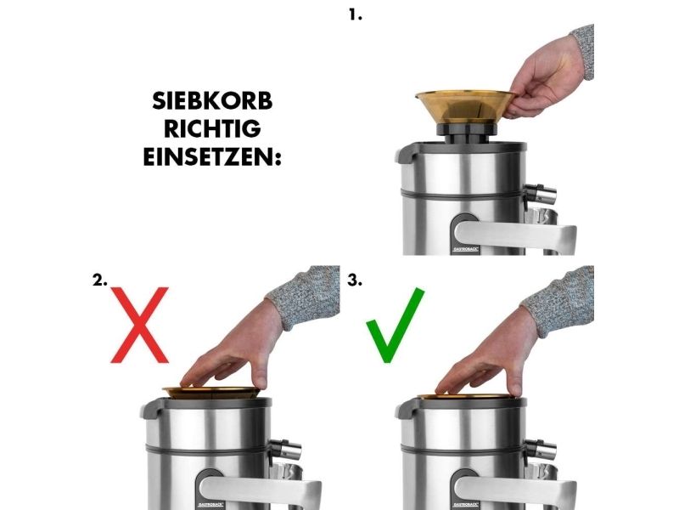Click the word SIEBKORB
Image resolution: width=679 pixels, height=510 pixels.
(212, 101)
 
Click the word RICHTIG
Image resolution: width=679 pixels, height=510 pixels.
(212, 129)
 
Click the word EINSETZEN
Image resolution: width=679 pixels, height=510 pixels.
(210, 156)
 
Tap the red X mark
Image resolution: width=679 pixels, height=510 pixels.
(139, 325)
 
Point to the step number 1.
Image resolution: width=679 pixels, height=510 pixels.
(355, 15)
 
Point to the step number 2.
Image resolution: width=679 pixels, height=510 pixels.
(99, 280)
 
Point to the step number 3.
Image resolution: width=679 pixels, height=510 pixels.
(355, 280)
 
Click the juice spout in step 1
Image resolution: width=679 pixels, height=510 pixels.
(539, 195)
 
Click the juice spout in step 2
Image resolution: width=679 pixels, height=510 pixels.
(284, 450)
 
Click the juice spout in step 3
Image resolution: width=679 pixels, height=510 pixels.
(539, 450)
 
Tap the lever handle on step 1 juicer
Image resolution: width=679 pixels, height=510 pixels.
(515, 238)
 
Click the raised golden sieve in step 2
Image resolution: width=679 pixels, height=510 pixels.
(211, 393)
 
